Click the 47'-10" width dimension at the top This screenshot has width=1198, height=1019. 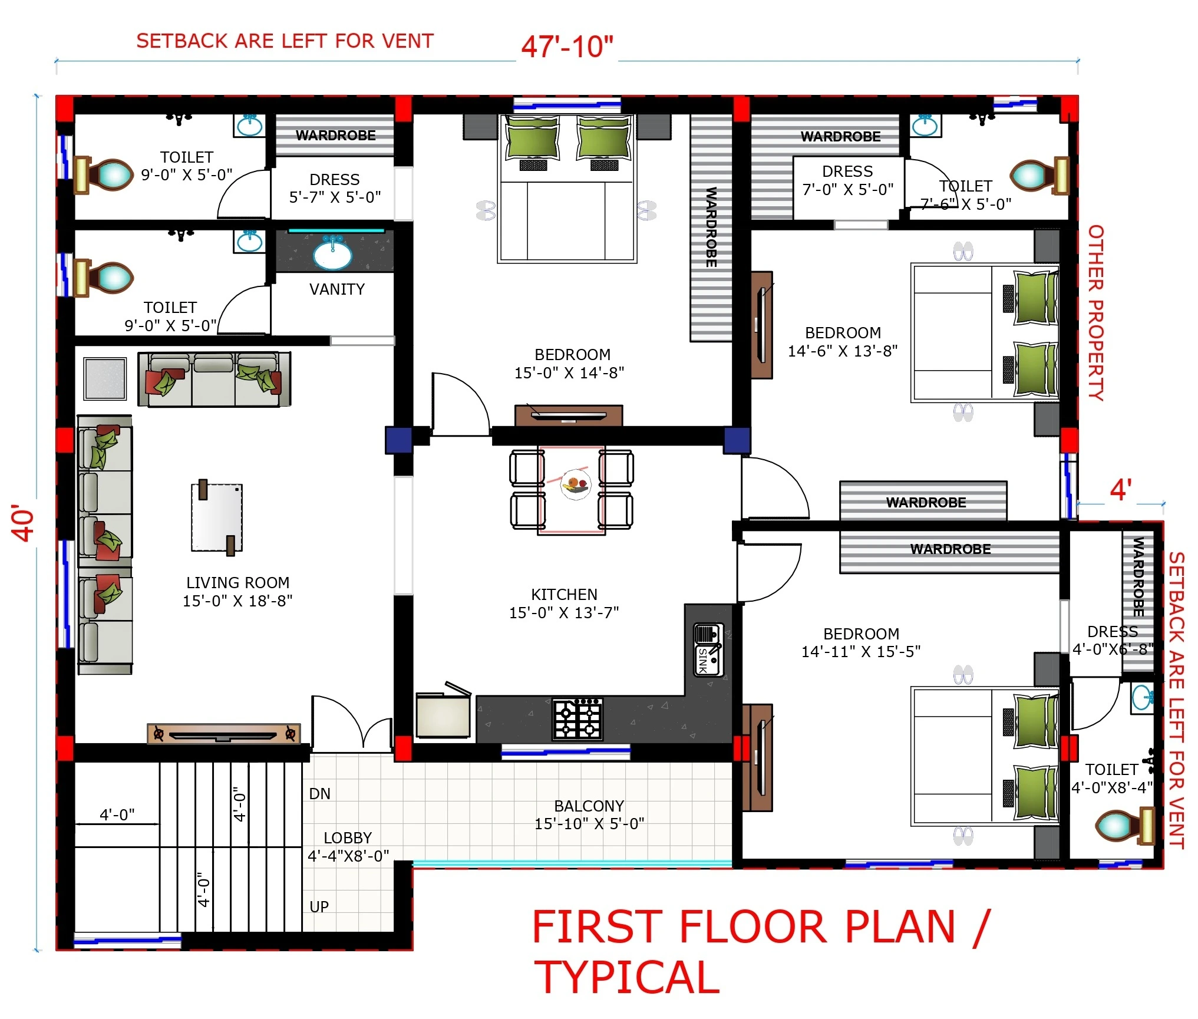(567, 47)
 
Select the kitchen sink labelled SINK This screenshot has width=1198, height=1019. (708, 649)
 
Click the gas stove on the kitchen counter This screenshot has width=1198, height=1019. (577, 719)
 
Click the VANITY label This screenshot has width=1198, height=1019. (337, 289)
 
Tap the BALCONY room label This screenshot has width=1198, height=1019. (589, 806)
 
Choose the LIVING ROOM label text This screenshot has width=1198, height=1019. (238, 583)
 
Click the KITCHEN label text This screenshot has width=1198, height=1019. (565, 594)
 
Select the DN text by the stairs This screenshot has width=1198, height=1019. (319, 794)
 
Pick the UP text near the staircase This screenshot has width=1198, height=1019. (319, 907)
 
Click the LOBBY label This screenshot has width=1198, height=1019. (348, 837)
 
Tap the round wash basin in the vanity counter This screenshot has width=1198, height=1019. (333, 255)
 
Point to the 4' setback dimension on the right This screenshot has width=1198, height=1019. (1121, 490)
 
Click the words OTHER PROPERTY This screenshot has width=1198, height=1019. (1095, 313)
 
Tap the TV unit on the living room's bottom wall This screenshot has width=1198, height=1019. (223, 734)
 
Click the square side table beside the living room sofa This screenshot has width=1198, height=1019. (105, 378)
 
